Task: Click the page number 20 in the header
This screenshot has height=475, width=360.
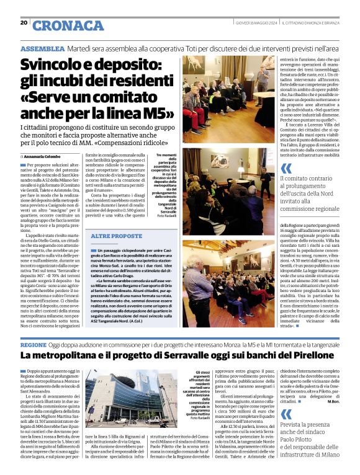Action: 24,24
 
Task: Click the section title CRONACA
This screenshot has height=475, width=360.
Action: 68,25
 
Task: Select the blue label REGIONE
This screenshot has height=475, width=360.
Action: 34,344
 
